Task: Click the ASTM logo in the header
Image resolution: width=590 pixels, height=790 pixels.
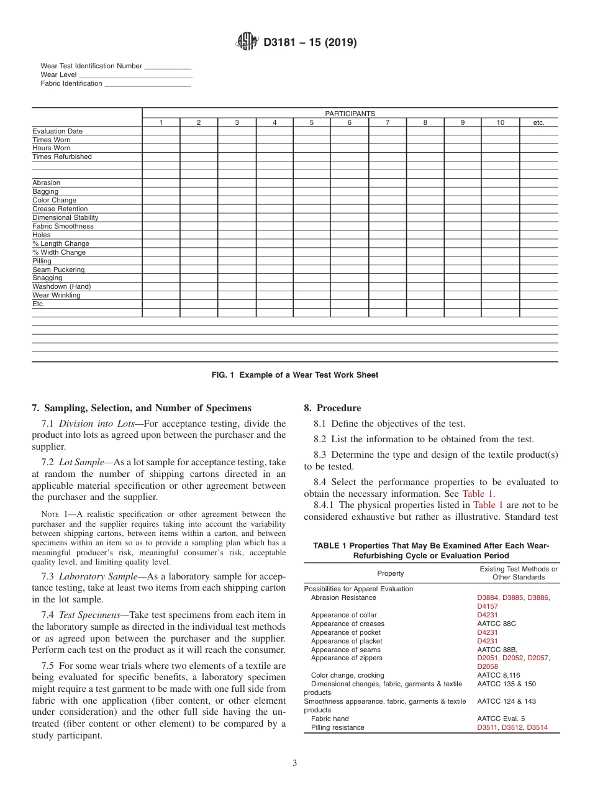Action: [247, 43]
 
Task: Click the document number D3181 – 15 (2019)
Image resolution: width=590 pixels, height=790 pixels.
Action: [310, 43]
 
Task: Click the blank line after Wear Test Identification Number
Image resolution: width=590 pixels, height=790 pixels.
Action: [168, 66]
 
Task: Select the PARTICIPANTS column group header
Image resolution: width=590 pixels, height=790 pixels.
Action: [350, 114]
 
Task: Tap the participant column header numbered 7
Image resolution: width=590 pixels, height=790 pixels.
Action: [387, 123]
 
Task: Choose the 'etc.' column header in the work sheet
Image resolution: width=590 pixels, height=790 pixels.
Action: [538, 123]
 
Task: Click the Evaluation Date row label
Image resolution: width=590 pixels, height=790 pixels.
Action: [57, 132]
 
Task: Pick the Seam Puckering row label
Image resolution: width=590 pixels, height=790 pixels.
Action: [58, 270]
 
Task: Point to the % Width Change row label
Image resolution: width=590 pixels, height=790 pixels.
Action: [59, 253]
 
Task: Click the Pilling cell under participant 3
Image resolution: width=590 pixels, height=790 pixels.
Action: [237, 261]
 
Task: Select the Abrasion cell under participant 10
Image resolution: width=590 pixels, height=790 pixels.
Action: [500, 183]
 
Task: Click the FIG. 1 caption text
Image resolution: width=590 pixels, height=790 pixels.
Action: [294, 375]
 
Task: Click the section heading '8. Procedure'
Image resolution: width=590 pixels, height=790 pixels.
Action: [332, 408]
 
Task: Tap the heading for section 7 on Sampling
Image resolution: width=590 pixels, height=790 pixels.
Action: [142, 408]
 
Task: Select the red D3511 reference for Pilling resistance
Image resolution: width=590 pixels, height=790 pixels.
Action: [488, 728]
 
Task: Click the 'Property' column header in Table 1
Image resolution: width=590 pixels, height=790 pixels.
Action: [390, 573]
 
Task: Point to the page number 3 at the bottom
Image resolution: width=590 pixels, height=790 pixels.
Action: [295, 763]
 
